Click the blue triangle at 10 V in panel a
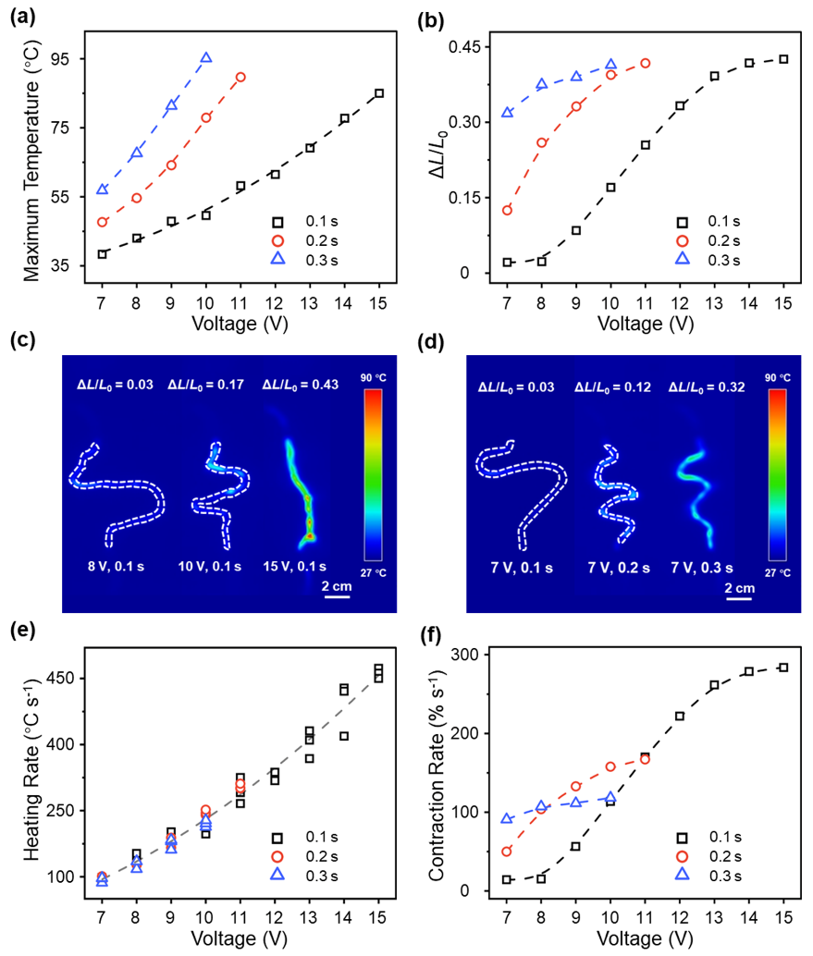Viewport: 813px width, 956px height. point(206,58)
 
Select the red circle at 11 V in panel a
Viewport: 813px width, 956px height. point(240,77)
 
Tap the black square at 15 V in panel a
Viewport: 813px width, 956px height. point(379,93)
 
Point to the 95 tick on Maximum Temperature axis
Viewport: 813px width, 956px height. point(70,59)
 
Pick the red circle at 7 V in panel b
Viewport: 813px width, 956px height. point(507,210)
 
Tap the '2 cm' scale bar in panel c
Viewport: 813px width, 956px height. point(334,588)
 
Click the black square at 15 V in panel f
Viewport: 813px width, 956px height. point(783,667)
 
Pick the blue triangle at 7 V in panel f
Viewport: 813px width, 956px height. point(507,818)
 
